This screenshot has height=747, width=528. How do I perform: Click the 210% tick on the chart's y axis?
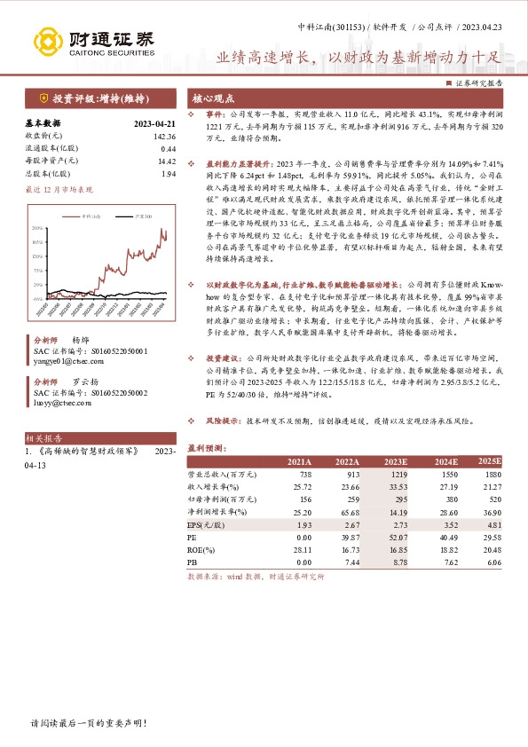pyautogui.click(x=37, y=229)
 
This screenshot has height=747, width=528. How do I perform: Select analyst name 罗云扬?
pyautogui.click(x=83, y=381)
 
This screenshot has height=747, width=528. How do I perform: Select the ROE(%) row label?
pyautogui.click(x=202, y=549)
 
